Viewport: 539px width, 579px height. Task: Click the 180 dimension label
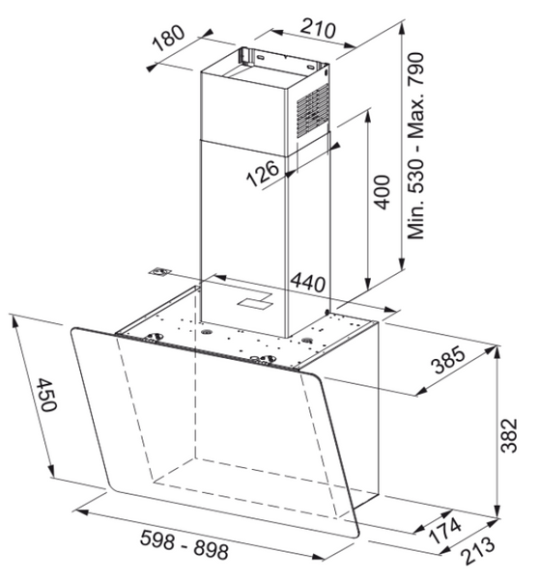(169, 38)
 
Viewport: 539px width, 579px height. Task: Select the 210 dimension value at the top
(318, 28)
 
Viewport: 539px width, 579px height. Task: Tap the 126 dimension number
(263, 173)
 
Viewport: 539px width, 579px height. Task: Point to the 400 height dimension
(382, 192)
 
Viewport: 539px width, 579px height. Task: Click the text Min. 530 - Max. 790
(415, 146)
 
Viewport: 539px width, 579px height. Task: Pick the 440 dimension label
(308, 283)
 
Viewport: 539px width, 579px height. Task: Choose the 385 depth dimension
(448, 360)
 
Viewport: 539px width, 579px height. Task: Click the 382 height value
(509, 435)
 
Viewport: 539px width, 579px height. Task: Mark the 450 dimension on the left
(47, 395)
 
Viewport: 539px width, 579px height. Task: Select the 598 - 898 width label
(184, 544)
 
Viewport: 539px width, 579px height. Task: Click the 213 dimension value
(477, 550)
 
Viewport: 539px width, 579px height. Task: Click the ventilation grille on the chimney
(313, 110)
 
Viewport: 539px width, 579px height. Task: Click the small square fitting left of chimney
(160, 272)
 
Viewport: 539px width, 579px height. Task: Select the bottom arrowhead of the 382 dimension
(497, 512)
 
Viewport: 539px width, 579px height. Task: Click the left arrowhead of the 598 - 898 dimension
(81, 511)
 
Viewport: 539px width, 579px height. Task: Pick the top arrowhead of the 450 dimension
(14, 321)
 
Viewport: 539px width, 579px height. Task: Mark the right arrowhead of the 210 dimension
(350, 45)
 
